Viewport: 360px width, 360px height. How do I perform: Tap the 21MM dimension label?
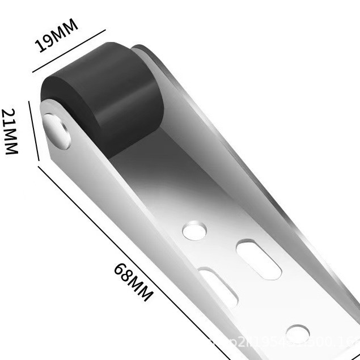click(x=11, y=132)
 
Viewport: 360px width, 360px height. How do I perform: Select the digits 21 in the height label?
click(x=11, y=117)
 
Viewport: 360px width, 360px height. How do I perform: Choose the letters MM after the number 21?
click(x=11, y=142)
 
